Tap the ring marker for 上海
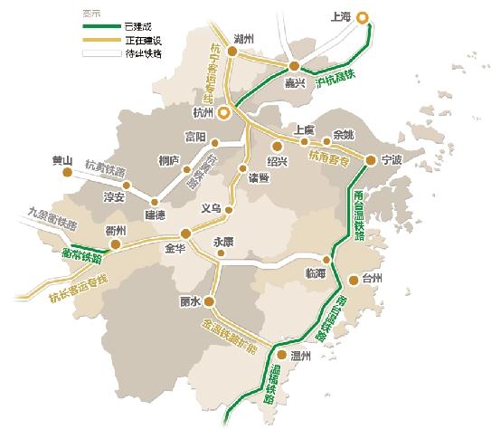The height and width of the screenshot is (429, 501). (362, 16)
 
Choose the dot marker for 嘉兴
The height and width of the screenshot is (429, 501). (294, 68)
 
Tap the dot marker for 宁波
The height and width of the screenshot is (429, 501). (372, 161)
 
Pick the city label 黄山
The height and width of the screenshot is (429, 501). (62, 161)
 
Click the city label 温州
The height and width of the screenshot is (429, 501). (302, 356)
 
